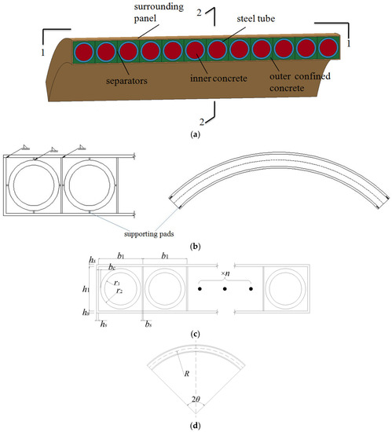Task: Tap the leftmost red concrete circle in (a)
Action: pos(82,52)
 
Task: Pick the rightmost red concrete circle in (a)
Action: pos(328,47)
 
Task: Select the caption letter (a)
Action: pos(196,135)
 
